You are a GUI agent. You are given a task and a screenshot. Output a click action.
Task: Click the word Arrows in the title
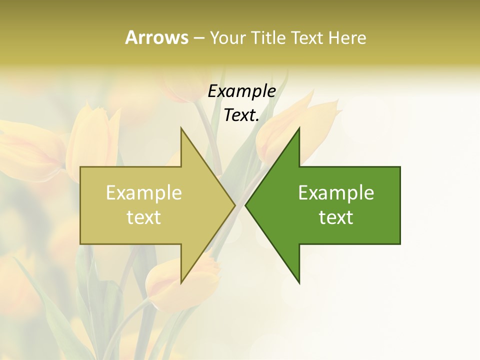[x=156, y=37]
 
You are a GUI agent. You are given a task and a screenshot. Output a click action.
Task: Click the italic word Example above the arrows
[x=242, y=91]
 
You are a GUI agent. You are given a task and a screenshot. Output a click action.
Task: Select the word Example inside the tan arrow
[x=144, y=193]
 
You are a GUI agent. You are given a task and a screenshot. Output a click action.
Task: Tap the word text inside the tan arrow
[x=144, y=217]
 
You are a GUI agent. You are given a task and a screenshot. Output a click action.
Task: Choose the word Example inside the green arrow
[x=336, y=193]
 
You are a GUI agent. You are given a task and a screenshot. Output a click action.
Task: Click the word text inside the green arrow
[x=336, y=217]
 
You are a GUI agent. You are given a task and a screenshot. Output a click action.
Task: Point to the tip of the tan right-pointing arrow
[x=235, y=205]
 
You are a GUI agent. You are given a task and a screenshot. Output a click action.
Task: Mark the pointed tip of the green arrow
[x=245, y=205]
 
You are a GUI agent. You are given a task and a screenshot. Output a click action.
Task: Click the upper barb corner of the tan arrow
[x=181, y=128]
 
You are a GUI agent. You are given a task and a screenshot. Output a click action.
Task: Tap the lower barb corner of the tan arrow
[x=181, y=283]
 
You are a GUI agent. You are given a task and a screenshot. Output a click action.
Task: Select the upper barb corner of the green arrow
[x=299, y=128]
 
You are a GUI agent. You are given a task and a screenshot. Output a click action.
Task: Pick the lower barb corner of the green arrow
[x=299, y=283]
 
